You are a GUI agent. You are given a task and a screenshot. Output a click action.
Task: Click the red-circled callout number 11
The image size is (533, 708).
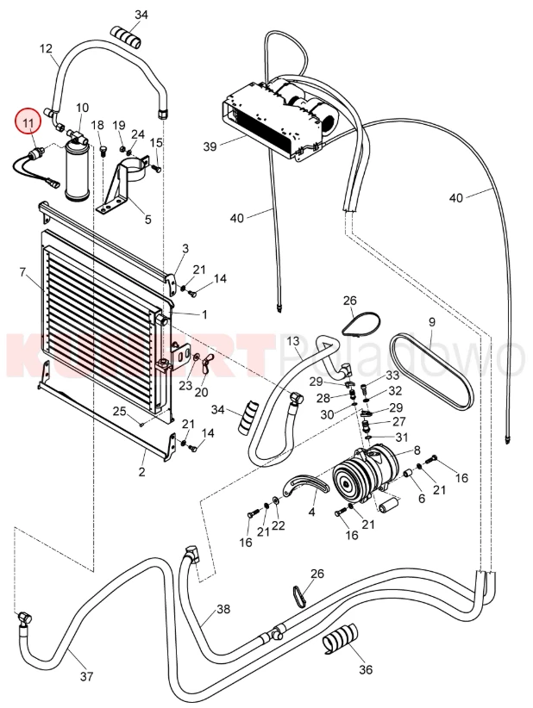28,123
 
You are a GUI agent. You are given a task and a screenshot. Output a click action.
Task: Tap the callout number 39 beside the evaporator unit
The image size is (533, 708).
209,147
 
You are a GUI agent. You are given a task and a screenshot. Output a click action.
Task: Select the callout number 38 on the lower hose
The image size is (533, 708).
223,609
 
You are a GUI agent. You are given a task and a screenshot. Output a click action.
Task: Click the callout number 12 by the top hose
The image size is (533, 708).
47,49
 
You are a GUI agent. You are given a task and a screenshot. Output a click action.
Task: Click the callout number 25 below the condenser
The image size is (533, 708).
119,410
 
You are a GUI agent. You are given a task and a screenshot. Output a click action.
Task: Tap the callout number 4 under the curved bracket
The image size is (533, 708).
311,512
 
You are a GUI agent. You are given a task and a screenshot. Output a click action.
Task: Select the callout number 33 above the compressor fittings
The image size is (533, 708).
392,376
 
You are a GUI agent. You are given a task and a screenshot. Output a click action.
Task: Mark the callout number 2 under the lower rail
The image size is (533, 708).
142,472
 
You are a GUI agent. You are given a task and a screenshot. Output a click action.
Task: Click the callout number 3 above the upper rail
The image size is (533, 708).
185,248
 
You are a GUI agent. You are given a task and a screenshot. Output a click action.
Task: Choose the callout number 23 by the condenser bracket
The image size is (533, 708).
185,385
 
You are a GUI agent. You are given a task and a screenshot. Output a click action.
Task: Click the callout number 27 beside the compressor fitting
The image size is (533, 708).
398,421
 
